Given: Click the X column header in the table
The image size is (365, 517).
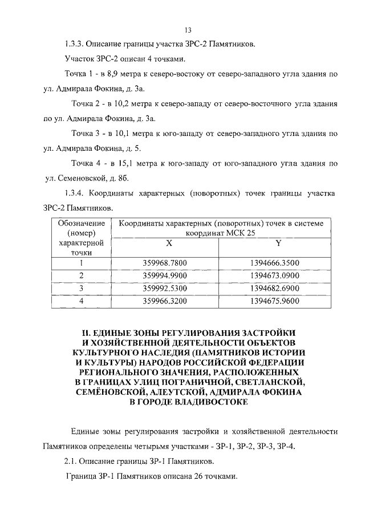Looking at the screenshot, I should pos(169,243).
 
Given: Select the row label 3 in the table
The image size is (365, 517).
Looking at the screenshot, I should pos(81,287).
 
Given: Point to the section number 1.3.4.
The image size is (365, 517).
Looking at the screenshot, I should pos(75,194).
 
